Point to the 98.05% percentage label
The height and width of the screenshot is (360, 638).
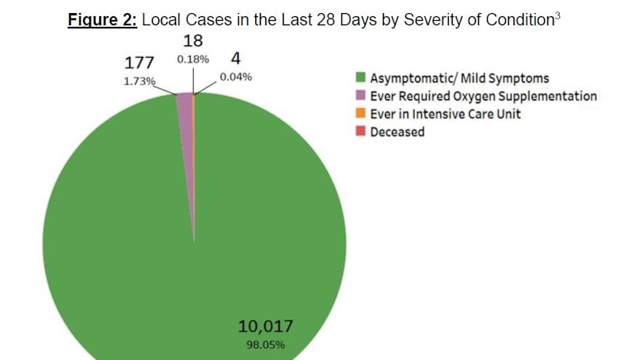click(265, 345)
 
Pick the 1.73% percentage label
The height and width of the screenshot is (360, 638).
click(139, 80)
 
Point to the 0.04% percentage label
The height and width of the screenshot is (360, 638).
click(236, 77)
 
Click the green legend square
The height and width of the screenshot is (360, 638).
click(359, 78)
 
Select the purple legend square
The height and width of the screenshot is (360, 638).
click(359, 96)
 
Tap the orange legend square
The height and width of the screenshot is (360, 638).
click(359, 114)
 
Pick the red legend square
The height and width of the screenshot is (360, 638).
click(359, 132)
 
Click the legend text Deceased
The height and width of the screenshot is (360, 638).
click(397, 132)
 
